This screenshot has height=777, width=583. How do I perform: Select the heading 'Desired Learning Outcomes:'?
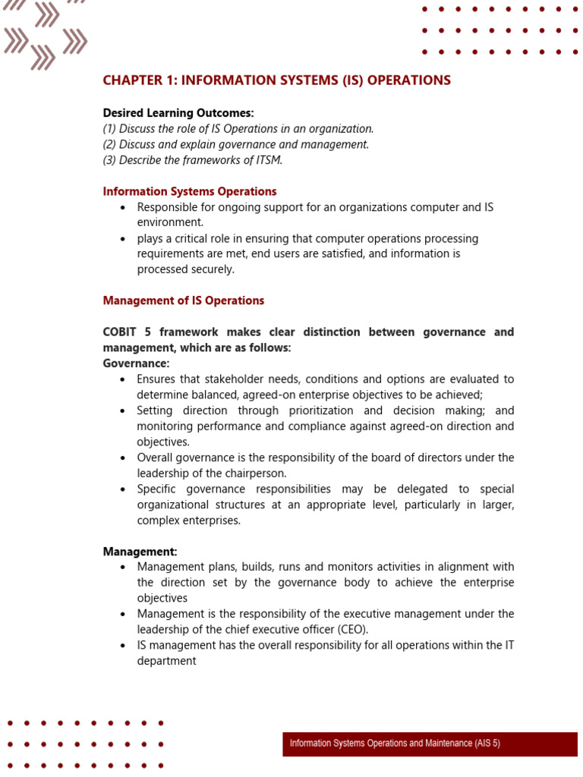click(178, 113)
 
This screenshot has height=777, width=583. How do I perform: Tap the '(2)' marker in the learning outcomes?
click(110, 144)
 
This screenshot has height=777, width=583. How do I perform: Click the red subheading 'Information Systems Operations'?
click(190, 191)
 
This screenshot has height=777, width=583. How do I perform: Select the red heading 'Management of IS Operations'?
click(184, 300)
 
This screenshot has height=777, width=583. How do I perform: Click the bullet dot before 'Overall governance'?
click(123, 458)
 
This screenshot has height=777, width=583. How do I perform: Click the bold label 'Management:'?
click(140, 552)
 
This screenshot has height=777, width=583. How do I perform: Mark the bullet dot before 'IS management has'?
click(123, 646)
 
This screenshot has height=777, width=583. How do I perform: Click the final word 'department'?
click(166, 661)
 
